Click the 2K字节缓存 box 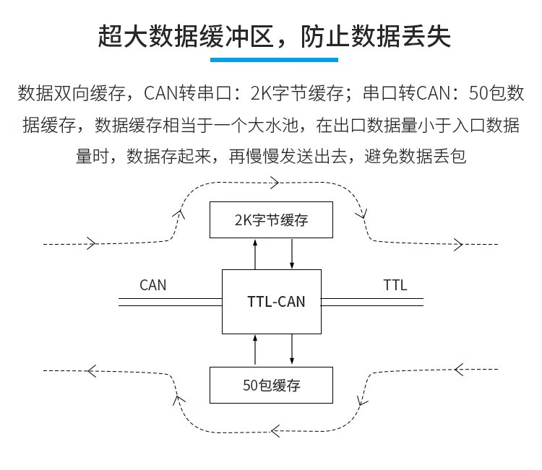[271, 220]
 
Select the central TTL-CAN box [271, 302]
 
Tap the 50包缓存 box [271, 385]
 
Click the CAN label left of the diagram [152, 285]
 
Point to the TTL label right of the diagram [395, 285]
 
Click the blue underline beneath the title [271, 59]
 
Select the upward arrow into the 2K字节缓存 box [255, 253]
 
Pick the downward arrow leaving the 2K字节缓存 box [291, 253]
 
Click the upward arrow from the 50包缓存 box [255, 350]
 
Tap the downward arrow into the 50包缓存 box [291, 350]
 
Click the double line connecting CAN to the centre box [170, 302]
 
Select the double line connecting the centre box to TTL [372, 302]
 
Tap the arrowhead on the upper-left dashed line [91, 243]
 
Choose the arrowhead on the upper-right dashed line [457, 244]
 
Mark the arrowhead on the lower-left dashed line [91, 371]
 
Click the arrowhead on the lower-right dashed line [457, 370]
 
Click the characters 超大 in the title [119, 35]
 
